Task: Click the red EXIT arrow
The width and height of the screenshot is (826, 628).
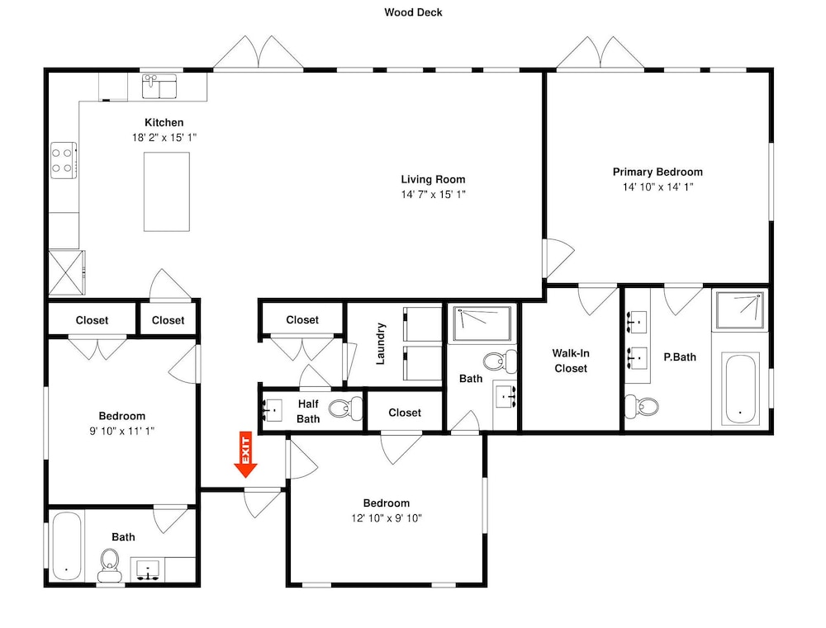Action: click(245, 454)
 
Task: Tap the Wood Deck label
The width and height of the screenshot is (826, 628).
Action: click(413, 12)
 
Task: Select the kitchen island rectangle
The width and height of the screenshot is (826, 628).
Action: click(167, 191)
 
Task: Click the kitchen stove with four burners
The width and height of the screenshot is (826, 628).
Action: click(64, 161)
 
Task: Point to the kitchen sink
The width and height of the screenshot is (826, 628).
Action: click(159, 86)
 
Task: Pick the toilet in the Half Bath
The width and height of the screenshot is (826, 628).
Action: click(345, 408)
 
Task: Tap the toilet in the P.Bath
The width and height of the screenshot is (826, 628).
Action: click(642, 406)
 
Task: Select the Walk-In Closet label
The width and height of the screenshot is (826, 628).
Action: click(571, 361)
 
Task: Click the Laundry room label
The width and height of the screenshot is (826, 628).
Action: click(380, 344)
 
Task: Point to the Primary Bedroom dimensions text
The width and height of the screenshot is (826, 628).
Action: click(658, 187)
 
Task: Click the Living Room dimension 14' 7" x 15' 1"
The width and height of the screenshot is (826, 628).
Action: click(433, 194)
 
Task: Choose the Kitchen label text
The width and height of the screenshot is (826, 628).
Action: click(164, 123)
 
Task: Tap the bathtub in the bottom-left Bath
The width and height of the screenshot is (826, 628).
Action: click(67, 546)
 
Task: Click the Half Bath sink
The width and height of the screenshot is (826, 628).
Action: click(273, 409)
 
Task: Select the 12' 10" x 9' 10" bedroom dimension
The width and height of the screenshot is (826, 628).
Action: click(387, 518)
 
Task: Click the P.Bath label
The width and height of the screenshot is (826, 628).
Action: click(680, 356)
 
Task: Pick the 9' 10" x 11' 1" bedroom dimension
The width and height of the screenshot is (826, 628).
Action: click(121, 431)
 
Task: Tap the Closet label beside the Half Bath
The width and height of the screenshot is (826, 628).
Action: click(405, 413)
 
